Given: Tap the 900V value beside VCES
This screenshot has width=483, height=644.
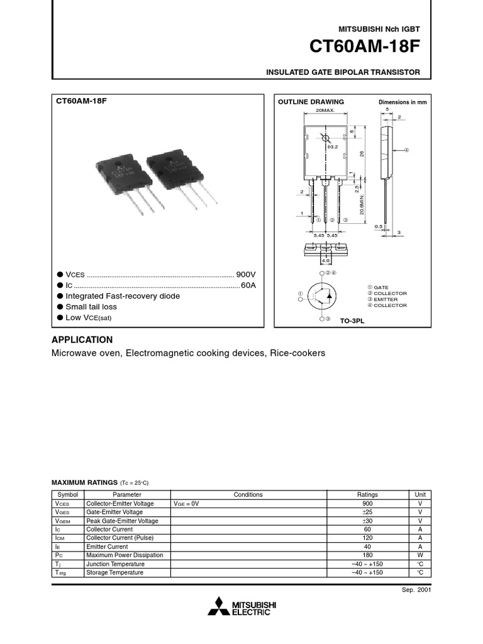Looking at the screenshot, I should click(246, 275).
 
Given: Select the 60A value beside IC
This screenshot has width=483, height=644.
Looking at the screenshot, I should click(248, 286).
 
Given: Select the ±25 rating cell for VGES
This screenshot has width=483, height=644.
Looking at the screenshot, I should click(367, 513).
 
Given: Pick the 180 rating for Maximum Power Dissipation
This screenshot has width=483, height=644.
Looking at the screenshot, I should click(367, 555).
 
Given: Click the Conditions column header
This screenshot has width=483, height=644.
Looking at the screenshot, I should click(248, 495).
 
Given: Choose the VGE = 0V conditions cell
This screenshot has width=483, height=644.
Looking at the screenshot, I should click(186, 504).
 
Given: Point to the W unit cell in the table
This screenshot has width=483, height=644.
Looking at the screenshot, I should click(420, 555).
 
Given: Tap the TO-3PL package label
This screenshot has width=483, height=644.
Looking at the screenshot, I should click(352, 321).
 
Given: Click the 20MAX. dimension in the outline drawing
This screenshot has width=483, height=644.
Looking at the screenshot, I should click(325, 109).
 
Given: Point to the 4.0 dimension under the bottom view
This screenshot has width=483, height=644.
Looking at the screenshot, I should click(325, 260).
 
